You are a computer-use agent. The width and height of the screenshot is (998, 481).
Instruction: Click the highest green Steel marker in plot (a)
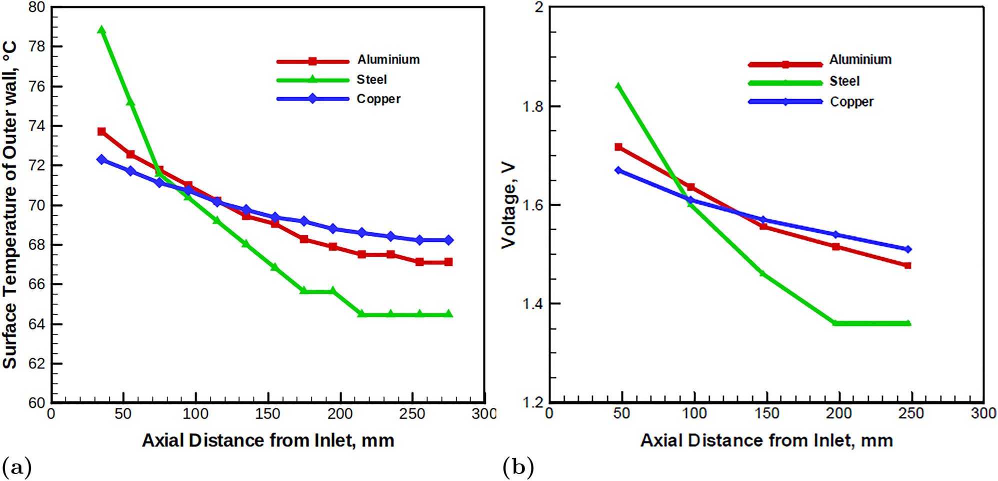tap(101, 30)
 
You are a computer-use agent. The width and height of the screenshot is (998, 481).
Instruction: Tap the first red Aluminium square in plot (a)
tap(101, 132)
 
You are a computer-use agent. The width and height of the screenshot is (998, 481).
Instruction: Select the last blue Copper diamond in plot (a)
tap(448, 240)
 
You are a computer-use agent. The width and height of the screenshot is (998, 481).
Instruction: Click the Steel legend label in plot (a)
tap(371, 80)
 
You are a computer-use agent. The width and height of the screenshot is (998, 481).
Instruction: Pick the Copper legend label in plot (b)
tap(851, 102)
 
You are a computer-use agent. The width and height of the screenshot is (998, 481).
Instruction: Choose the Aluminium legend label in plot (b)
tap(860, 60)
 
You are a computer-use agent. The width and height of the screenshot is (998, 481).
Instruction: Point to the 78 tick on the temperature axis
tap(36, 47)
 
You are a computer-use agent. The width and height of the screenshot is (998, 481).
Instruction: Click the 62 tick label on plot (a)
tap(36, 363)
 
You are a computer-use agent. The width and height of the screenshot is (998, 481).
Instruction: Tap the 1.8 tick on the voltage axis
tap(532, 106)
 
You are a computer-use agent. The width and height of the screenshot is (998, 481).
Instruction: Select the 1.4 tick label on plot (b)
tap(532, 304)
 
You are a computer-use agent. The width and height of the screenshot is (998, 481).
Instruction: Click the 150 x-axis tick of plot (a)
tap(267, 414)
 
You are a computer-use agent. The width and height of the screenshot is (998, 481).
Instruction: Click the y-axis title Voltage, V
tap(508, 205)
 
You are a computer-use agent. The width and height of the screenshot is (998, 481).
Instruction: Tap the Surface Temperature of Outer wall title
tap(10, 205)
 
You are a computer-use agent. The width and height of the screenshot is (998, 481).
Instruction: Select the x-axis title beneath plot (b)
tap(766, 440)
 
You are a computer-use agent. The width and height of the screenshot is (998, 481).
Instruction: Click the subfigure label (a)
tap(17, 467)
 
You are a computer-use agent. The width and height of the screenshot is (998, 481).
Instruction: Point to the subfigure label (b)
tap(518, 467)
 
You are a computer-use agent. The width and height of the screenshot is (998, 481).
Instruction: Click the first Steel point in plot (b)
tap(618, 86)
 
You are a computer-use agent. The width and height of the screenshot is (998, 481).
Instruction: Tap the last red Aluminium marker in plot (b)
tap(907, 266)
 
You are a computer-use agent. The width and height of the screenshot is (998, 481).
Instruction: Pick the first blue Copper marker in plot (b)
tap(618, 171)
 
